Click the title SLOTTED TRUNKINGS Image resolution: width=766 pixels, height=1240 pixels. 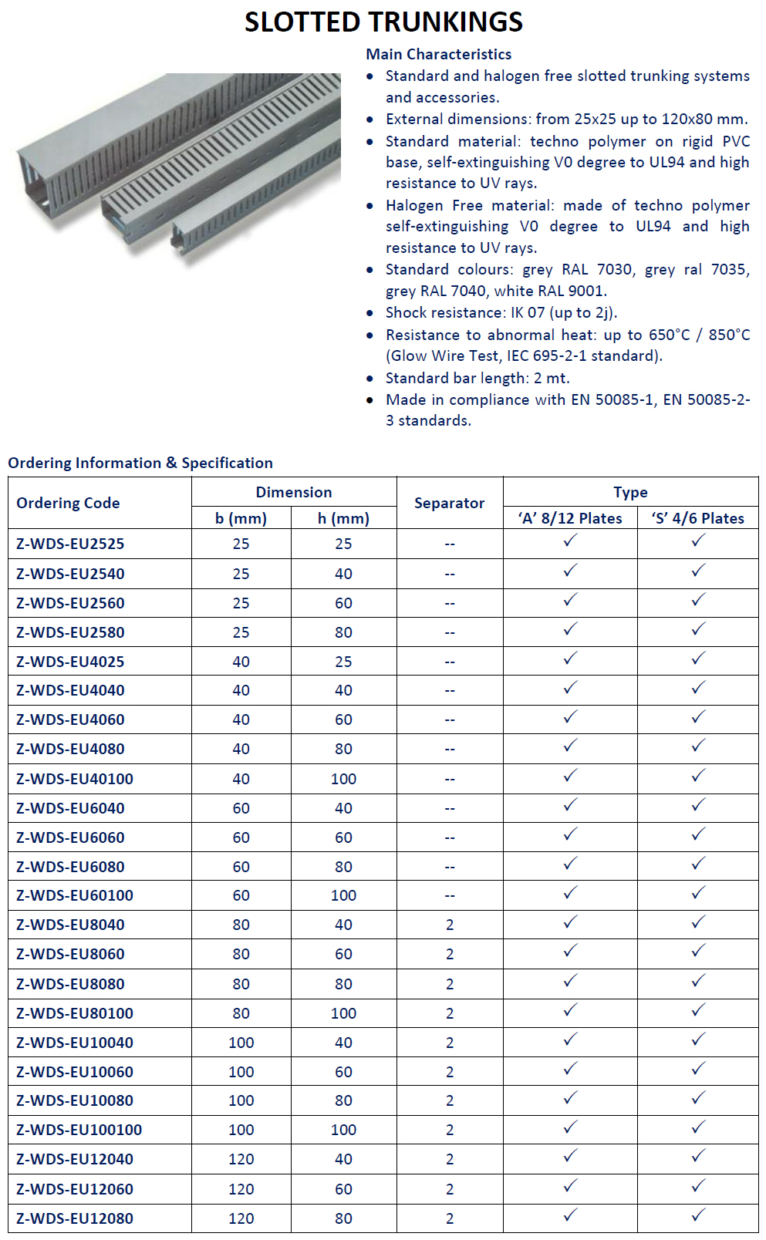(x=383, y=22)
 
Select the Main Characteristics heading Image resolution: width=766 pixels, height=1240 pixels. (x=438, y=54)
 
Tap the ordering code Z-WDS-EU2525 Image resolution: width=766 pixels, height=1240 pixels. (x=70, y=544)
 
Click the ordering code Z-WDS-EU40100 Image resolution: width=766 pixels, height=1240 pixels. (x=75, y=779)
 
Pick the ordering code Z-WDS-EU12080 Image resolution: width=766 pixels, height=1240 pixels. (x=75, y=1218)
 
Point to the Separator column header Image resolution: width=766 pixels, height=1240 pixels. (x=449, y=503)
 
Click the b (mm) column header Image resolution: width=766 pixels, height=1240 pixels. (x=241, y=518)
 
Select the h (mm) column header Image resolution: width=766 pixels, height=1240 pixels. (x=343, y=518)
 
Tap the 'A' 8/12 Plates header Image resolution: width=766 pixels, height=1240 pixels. (x=570, y=518)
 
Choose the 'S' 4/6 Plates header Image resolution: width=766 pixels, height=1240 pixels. (x=697, y=518)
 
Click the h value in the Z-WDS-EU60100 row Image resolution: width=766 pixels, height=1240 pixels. (x=343, y=895)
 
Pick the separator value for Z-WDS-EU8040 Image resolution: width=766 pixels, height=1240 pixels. (x=450, y=925)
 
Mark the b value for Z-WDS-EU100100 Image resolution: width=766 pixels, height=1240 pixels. (x=241, y=1130)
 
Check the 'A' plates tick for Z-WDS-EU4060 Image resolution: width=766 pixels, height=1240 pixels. (x=570, y=718)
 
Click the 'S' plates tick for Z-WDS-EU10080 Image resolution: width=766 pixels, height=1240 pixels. (x=698, y=1098)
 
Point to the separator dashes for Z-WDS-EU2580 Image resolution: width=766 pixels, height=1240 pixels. (x=450, y=632)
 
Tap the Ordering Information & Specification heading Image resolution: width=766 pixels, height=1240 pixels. (x=140, y=463)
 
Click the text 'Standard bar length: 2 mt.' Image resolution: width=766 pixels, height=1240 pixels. (x=477, y=378)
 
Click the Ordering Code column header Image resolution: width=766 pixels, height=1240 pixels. (x=68, y=503)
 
